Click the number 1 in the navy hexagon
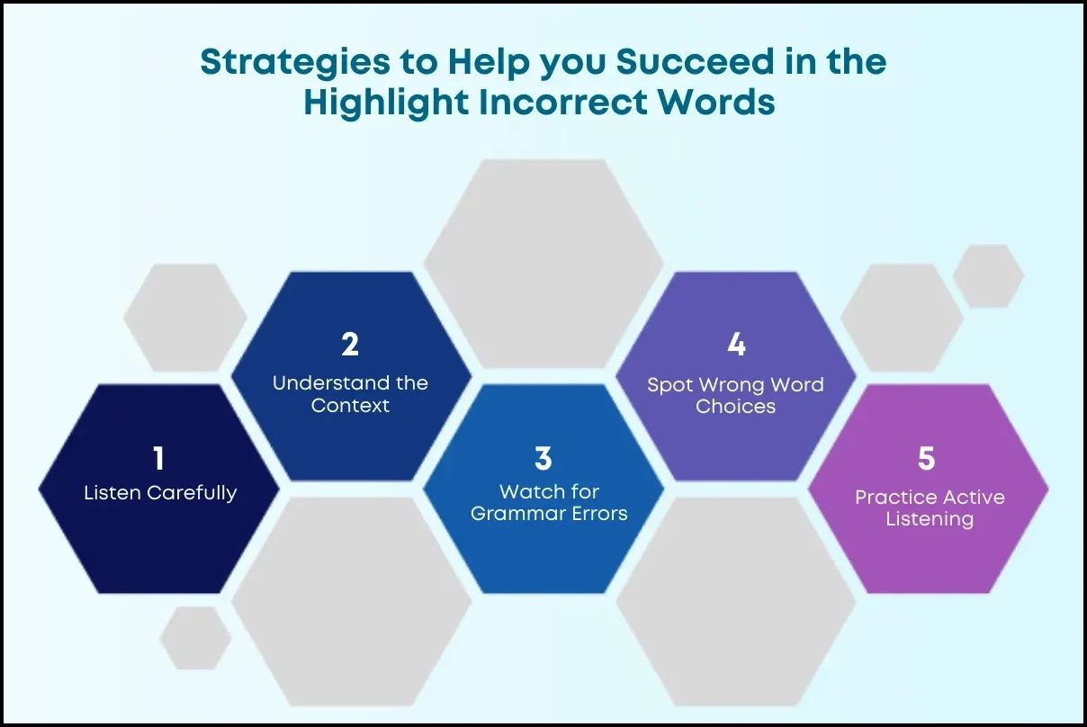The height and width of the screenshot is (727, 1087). pyautogui.click(x=159, y=459)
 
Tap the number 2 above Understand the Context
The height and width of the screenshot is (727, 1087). pyautogui.click(x=350, y=345)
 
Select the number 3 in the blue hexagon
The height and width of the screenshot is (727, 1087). pyautogui.click(x=543, y=458)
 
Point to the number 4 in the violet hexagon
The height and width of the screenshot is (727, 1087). pyautogui.click(x=736, y=345)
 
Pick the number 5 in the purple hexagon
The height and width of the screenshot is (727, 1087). pyautogui.click(x=927, y=458)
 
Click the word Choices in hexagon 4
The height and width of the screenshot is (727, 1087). pyautogui.click(x=735, y=406)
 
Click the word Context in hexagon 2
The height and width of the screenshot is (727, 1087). pyautogui.click(x=350, y=405)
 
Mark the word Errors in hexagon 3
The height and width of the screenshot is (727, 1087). pyautogui.click(x=594, y=514)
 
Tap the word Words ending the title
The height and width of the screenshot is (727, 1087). pyautogui.click(x=716, y=103)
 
